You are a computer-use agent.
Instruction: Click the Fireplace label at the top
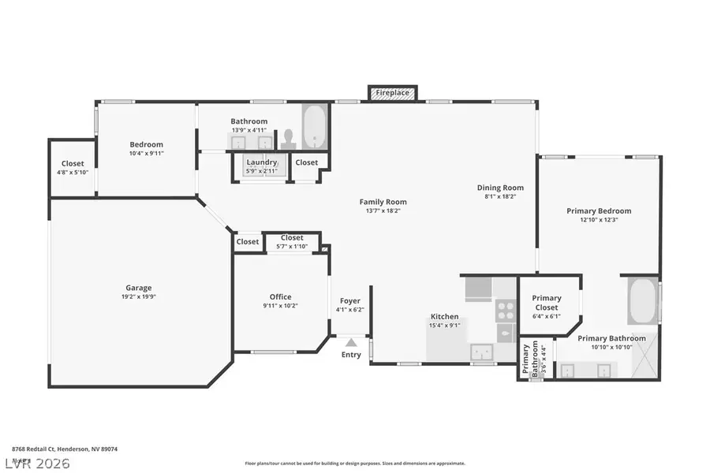392,93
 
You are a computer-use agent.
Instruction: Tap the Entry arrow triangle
351,342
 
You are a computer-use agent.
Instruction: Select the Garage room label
139,288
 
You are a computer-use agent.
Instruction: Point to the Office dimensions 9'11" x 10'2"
281,306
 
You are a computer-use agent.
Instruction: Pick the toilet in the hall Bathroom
289,139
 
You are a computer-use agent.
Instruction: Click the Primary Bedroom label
599,210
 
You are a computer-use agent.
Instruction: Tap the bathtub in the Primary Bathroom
643,300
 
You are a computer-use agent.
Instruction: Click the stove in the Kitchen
505,311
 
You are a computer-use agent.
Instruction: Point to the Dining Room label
500,188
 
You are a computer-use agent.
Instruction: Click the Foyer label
350,301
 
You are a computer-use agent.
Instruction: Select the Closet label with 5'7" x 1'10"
292,247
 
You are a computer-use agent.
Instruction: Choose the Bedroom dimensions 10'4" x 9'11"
146,154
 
